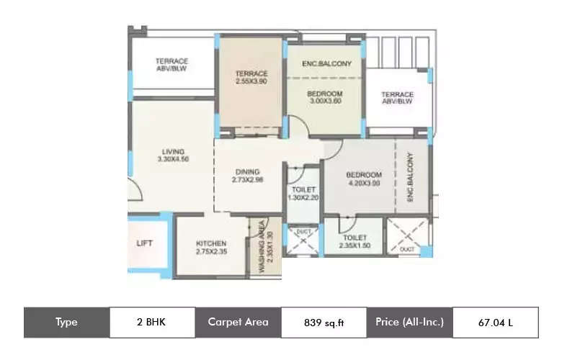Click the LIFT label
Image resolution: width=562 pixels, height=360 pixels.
click(144, 243)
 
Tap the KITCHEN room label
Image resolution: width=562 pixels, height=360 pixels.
click(210, 243)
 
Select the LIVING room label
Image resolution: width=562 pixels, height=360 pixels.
click(172, 151)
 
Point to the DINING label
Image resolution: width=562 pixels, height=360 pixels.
click(247, 171)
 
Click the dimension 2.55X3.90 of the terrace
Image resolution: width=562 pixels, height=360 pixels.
click(251, 81)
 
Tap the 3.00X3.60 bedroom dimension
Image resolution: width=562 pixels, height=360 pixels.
click(324, 102)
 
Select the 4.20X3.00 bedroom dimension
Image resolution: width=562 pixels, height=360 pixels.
click(362, 183)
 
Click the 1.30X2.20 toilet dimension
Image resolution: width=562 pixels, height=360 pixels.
click(303, 197)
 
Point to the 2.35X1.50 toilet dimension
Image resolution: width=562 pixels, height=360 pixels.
click(356, 245)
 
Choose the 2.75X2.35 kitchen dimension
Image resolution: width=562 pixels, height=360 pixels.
click(210, 252)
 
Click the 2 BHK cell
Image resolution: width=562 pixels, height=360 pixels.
click(152, 322)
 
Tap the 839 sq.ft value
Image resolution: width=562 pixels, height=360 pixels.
click(324, 323)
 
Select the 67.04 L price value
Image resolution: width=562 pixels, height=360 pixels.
click(496, 323)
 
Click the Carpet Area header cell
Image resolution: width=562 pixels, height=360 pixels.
click(238, 322)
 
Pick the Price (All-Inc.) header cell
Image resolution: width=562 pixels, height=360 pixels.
click(409, 322)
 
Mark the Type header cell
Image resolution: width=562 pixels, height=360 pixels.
click(66, 322)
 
